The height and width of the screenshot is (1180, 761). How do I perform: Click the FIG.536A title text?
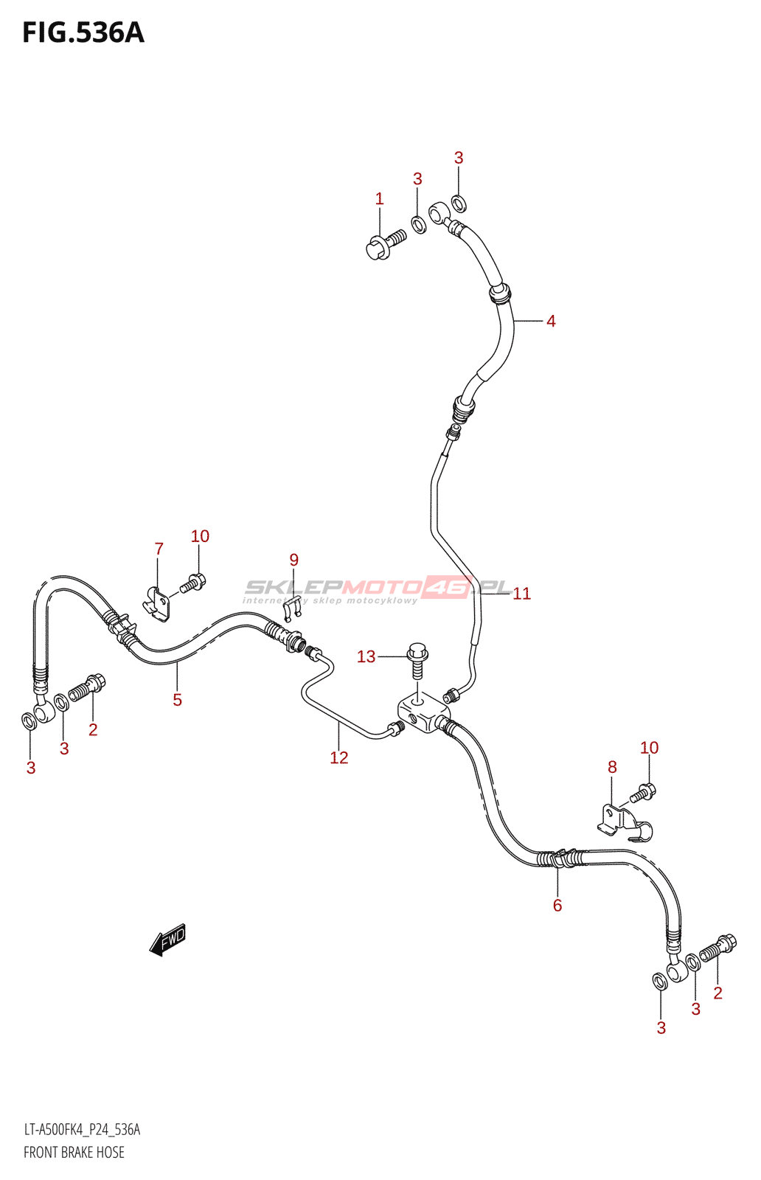pyautogui.click(x=83, y=33)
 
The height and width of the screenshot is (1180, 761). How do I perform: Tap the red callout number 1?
pyautogui.click(x=379, y=198)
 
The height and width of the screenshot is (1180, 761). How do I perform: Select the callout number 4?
pyautogui.click(x=551, y=321)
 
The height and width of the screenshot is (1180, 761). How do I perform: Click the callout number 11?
pyautogui.click(x=521, y=594)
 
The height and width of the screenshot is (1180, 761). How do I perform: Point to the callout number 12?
pyautogui.click(x=338, y=757)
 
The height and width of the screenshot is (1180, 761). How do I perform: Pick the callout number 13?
pyautogui.click(x=366, y=656)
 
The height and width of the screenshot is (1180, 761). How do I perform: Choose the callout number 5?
pyautogui.click(x=177, y=700)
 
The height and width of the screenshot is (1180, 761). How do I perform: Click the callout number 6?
pyautogui.click(x=557, y=905)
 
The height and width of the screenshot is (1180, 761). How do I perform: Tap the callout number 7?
pyautogui.click(x=159, y=549)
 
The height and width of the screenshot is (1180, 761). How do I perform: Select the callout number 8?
pyautogui.click(x=612, y=767)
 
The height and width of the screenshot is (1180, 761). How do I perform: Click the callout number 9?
pyautogui.click(x=293, y=560)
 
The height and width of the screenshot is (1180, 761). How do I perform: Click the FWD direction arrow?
pyautogui.click(x=167, y=940)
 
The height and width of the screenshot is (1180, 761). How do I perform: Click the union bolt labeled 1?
pyautogui.click(x=384, y=244)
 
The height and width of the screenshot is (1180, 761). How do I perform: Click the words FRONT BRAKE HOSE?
pyautogui.click(x=74, y=1153)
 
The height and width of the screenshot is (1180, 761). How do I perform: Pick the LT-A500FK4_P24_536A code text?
pyautogui.click(x=82, y=1130)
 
